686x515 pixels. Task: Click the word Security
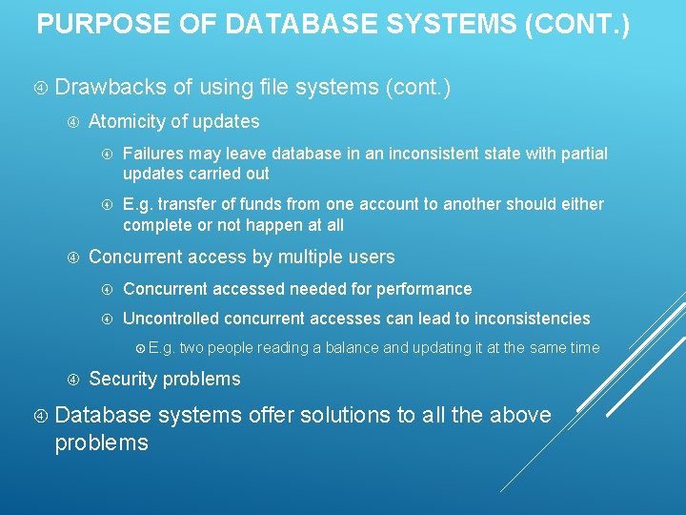click(123, 379)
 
